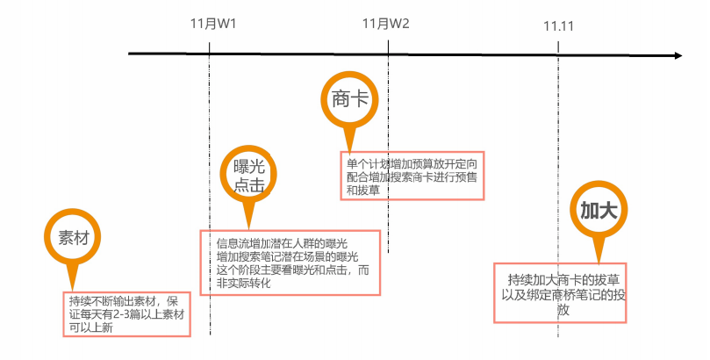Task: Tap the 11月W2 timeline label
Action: [x=386, y=23]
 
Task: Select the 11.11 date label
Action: [x=558, y=25]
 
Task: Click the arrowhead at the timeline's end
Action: [x=676, y=56]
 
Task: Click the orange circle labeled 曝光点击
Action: [x=249, y=174]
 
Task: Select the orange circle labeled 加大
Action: [x=600, y=210]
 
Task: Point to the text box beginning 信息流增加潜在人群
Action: [x=290, y=263]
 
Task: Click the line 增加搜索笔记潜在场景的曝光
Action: [x=287, y=256]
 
